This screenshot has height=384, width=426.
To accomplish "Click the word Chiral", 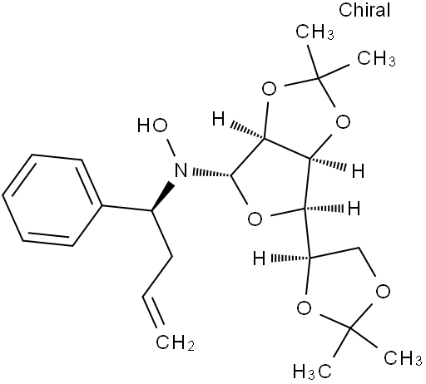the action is tap(364, 10).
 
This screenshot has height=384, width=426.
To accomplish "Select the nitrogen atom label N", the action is tap(181, 170).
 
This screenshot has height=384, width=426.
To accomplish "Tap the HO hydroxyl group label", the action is tap(152, 126).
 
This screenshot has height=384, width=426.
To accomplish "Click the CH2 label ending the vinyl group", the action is tap(175, 342).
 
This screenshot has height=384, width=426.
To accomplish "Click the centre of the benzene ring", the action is tap(52, 200).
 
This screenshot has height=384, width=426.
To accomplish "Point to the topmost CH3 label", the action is tap(315, 32).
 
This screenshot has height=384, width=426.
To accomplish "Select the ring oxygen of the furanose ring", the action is tap(255, 219).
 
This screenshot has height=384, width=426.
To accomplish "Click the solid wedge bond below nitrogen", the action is tap(163, 196).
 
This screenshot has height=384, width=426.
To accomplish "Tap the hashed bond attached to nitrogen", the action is tap(211, 173).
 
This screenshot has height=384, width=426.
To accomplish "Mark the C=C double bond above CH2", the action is tap(153, 311).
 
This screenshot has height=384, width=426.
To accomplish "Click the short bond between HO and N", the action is tap(171, 148).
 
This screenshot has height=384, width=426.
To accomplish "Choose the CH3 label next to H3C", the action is tap(403, 358).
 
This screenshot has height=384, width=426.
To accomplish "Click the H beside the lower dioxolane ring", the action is tap(260, 258).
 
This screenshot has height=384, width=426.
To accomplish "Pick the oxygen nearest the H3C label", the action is tap(304, 308).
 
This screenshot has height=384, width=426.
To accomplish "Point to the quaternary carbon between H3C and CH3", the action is tap(351, 328).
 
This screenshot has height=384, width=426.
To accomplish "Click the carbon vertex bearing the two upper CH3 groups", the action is tap(319, 78).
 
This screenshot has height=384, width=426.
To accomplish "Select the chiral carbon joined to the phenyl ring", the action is tap(151, 211).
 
